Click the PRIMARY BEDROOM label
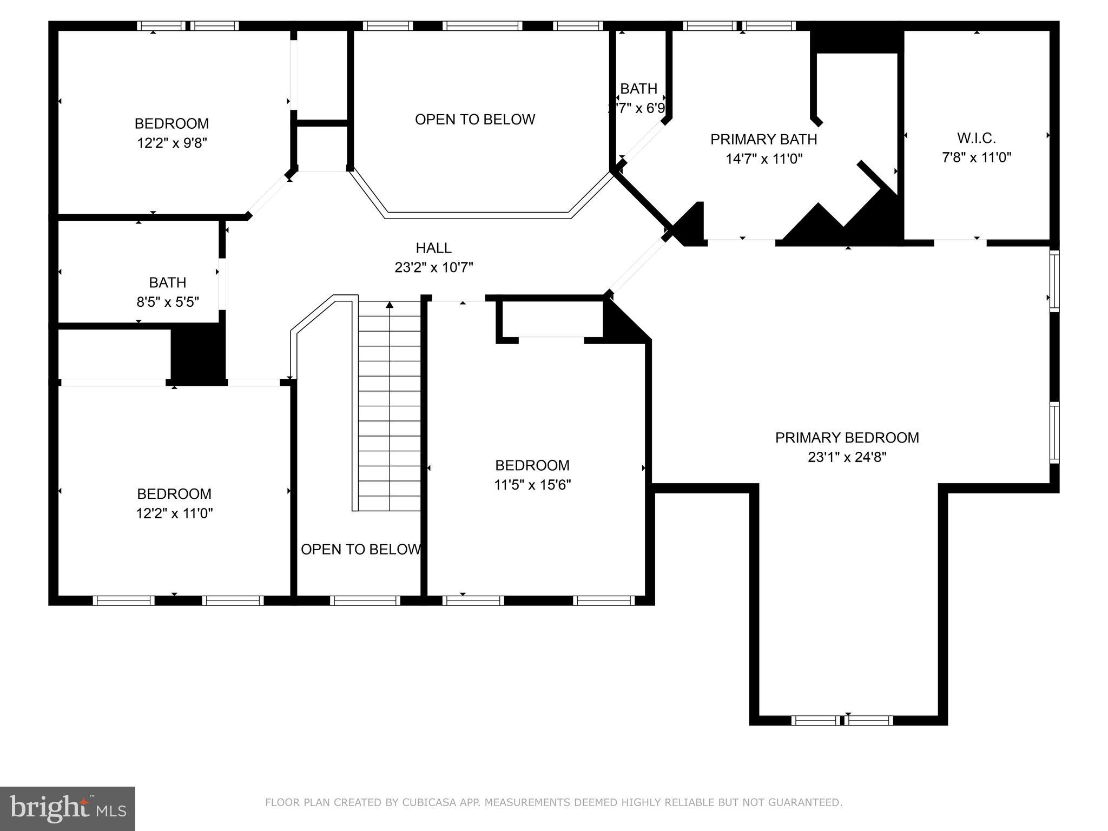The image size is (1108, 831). coord(847,438)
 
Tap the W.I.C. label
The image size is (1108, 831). coord(976,138)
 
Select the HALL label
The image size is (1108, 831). coord(433,248)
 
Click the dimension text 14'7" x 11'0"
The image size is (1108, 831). coord(763,159)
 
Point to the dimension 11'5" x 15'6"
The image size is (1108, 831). coord(532,485)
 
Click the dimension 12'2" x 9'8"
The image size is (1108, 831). coord(172,143)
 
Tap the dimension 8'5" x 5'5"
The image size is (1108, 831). coord(168,302)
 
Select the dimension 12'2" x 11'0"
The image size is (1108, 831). coord(174,513)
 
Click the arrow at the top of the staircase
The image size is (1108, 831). coord(390,305)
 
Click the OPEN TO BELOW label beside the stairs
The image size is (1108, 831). coord(360,550)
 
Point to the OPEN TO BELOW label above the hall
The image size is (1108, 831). coord(475,120)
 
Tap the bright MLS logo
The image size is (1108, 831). coord(68,808)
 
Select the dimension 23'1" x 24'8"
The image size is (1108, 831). coord(847,458)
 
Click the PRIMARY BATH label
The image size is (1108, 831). coord(763,140)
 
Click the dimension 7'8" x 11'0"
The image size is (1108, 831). coord(976,158)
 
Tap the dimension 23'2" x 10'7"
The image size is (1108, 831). coord(433,268)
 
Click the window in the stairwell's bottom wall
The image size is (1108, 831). coord(365,601)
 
